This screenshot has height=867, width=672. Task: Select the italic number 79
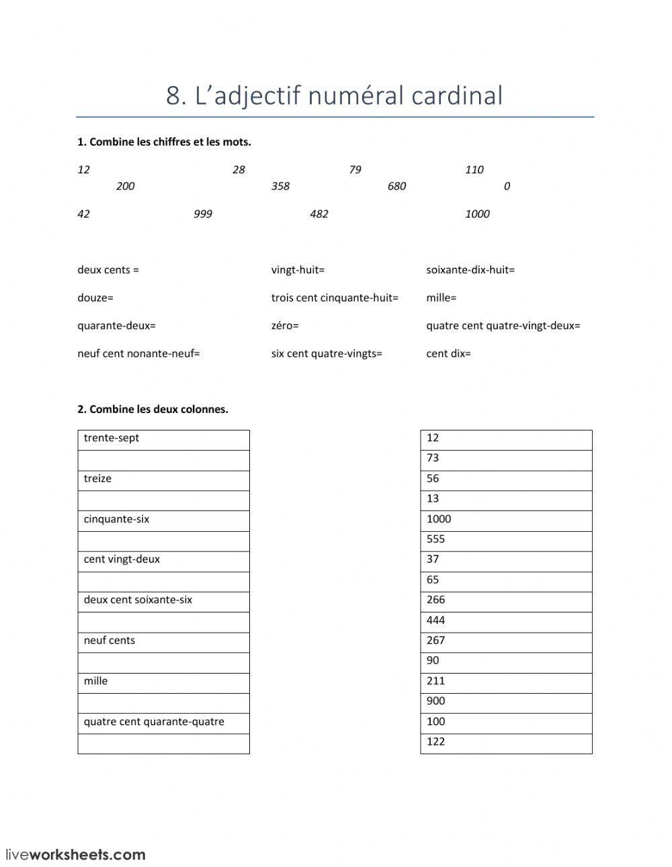pyautogui.click(x=355, y=170)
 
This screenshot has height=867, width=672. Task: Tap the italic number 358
pyautogui.click(x=280, y=186)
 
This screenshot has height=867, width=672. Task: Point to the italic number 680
pyautogui.click(x=396, y=186)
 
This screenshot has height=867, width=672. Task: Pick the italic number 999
pyautogui.click(x=202, y=214)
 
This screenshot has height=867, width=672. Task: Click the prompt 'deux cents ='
pyautogui.click(x=108, y=270)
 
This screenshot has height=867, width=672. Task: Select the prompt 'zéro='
pyautogui.click(x=285, y=326)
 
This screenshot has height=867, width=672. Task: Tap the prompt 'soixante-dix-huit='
pyautogui.click(x=470, y=270)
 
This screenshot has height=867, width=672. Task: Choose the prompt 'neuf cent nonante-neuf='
pyautogui.click(x=138, y=353)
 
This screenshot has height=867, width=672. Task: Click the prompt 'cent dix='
pyautogui.click(x=448, y=353)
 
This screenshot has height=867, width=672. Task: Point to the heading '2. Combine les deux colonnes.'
pyautogui.click(x=153, y=409)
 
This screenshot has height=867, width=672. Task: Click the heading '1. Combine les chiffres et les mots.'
pyautogui.click(x=164, y=142)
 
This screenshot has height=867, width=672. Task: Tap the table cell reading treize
pyautogui.click(x=163, y=480)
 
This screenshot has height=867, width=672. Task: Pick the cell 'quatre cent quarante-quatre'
pyautogui.click(x=163, y=723)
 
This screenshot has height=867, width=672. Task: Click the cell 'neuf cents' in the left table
pyautogui.click(x=163, y=641)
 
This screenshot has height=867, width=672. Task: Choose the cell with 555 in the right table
pyautogui.click(x=506, y=540)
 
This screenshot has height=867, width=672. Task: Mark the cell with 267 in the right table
pyautogui.click(x=506, y=641)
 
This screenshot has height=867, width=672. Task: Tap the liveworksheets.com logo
pyautogui.click(x=75, y=855)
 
